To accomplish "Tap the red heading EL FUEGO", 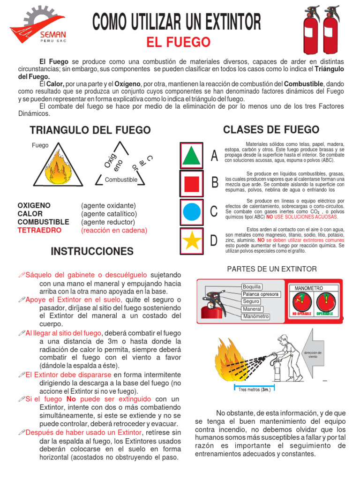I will tap(178, 43).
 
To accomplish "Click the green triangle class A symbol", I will tap(191, 155).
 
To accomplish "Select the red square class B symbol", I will tap(191, 184).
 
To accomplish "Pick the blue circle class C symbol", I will tap(191, 211).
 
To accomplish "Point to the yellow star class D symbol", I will tap(191, 240).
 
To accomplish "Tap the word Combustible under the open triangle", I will tap(121, 180).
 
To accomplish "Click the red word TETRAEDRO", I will tap(39, 230).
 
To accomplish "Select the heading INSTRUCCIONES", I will tap(92, 251).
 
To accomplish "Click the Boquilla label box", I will tap(252, 286).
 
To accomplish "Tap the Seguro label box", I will tap(251, 301).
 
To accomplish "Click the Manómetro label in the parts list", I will tap(255, 316).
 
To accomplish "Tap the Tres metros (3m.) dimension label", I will tap(253, 390).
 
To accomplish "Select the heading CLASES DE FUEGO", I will tap(271, 130).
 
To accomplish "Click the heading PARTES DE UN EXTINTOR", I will tap(272, 269).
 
